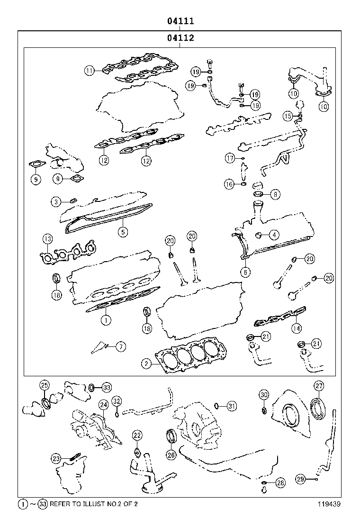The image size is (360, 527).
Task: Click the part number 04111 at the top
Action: (x=180, y=21)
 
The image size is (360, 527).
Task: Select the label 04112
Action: (x=180, y=38)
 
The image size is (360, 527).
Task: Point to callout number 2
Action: (x=147, y=363)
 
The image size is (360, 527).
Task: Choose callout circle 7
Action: (x=121, y=347)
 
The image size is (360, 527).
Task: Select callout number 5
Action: (x=122, y=232)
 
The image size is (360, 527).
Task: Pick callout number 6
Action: (x=245, y=272)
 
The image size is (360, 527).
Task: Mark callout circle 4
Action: (x=274, y=234)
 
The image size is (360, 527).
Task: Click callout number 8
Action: (x=275, y=194)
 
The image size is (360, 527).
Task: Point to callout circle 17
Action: (x=230, y=158)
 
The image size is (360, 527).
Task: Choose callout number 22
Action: (x=137, y=435)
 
